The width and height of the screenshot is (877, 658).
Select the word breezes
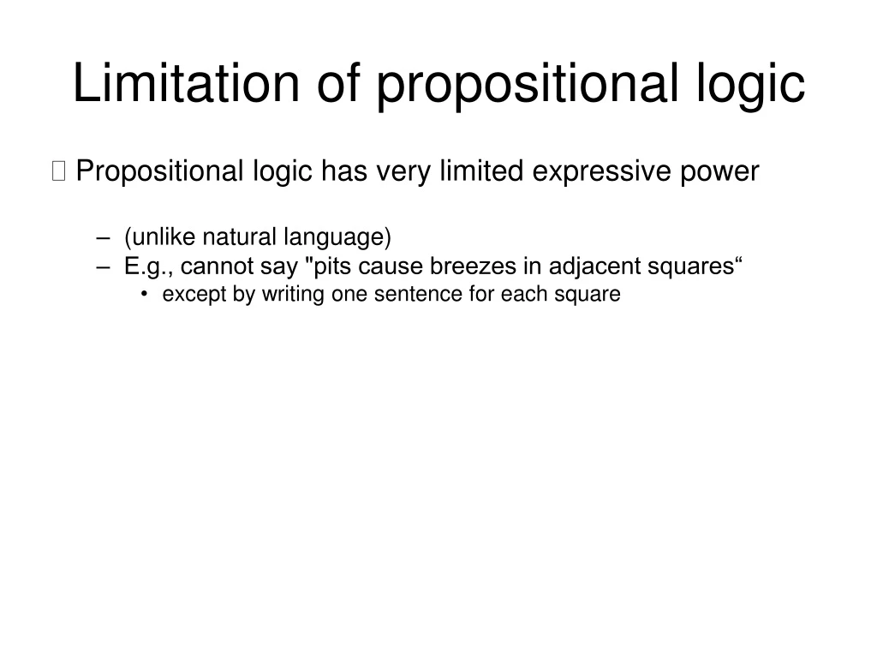point(472,266)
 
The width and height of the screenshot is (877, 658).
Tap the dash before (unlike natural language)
point(104,237)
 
